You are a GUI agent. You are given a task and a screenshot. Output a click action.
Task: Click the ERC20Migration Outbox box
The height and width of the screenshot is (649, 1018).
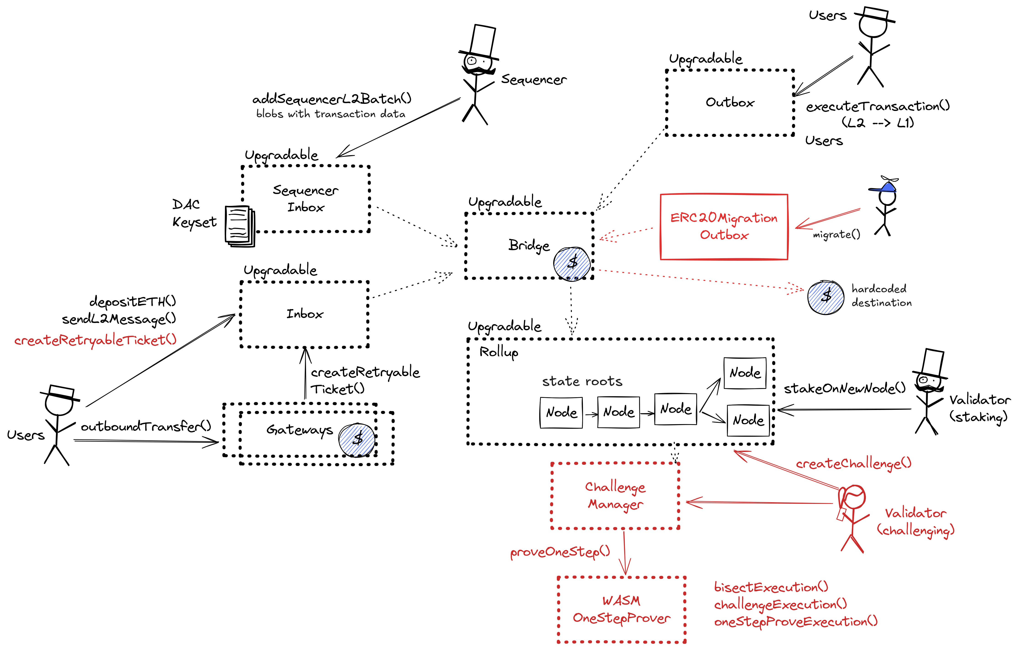724,227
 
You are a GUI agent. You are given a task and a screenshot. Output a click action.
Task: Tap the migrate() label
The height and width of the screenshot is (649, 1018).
836,234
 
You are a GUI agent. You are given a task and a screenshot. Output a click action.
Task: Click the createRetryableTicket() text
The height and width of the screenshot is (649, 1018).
95,340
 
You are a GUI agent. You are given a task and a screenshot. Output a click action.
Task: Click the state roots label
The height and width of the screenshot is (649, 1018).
582,381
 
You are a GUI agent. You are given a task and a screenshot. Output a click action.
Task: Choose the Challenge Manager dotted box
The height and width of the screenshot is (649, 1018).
615,496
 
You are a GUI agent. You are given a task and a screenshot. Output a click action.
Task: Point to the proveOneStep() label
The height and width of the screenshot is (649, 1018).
560,552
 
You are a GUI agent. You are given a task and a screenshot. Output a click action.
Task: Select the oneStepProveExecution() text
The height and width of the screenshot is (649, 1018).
796,622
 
